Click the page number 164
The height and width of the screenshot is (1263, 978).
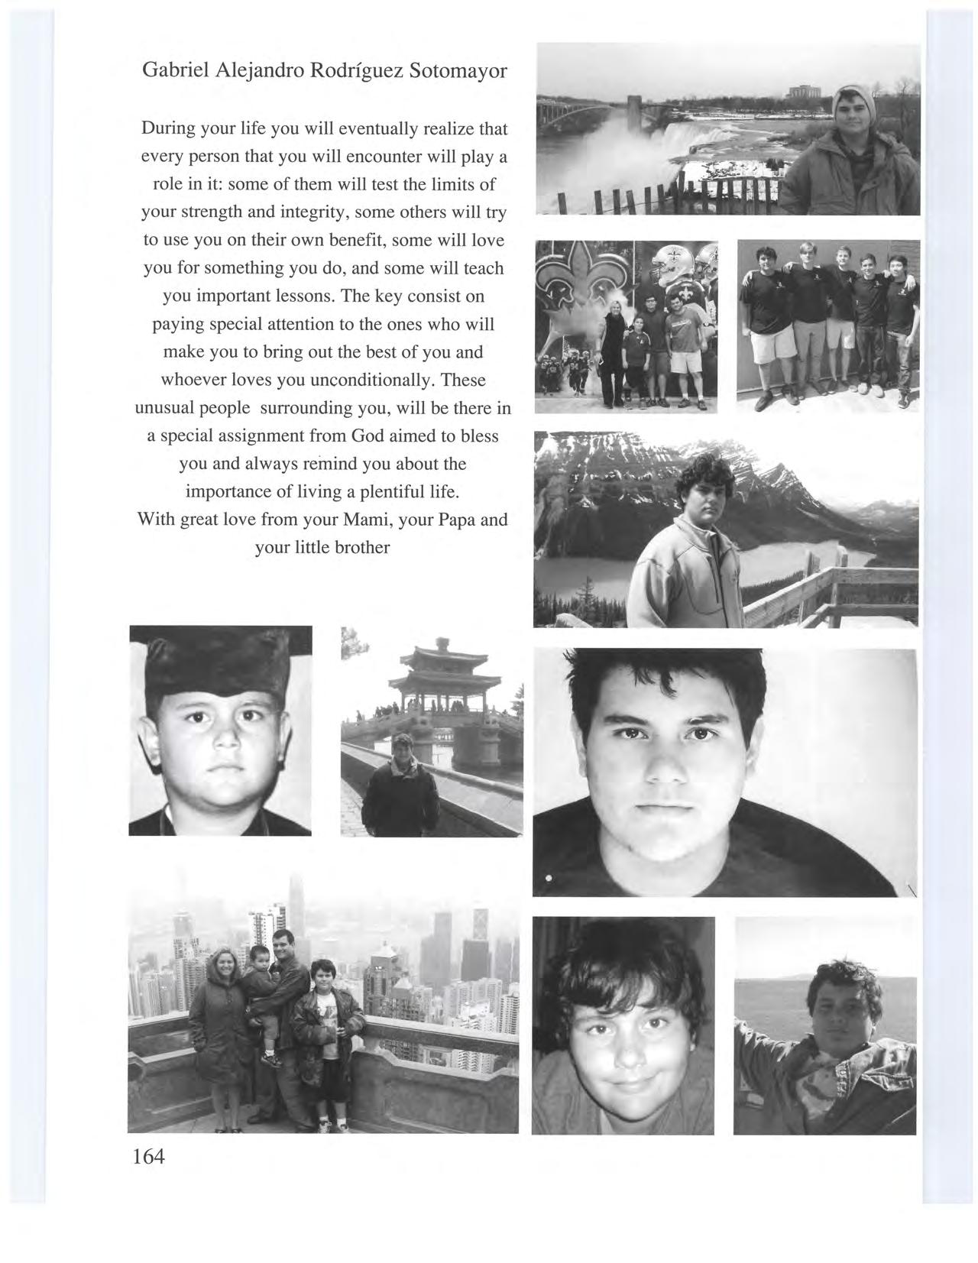[x=148, y=1156]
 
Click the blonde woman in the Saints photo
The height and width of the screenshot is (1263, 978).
[x=614, y=351]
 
